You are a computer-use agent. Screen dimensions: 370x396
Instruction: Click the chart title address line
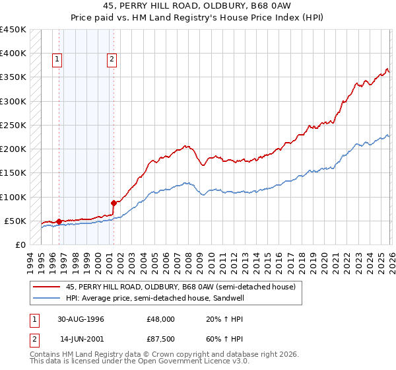pyautogui.click(x=197, y=7)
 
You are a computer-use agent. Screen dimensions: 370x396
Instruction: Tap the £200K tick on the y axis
pyautogui.click(x=13, y=149)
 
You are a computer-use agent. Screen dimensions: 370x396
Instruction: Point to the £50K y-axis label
pyautogui.click(x=15, y=221)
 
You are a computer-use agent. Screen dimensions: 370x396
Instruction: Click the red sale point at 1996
pyautogui.click(x=59, y=221)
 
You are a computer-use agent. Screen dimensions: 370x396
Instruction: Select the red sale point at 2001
pyautogui.click(x=114, y=203)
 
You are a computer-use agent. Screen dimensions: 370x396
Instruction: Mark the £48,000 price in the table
pyautogui.click(x=160, y=318)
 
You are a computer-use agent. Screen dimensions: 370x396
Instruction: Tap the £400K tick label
pyautogui.click(x=13, y=54)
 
